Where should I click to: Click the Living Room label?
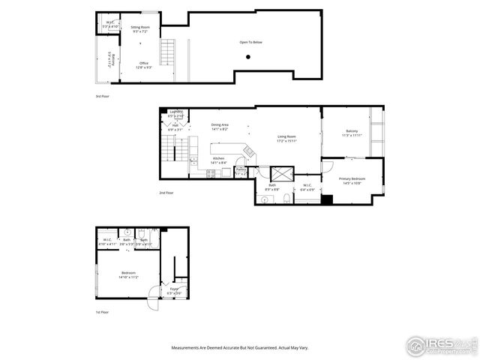(287, 139)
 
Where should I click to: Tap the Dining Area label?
(220, 127)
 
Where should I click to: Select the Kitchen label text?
(219, 160)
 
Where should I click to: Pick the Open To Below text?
(250, 42)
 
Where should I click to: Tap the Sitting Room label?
(141, 28)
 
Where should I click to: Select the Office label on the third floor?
(143, 65)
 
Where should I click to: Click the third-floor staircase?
(169, 54)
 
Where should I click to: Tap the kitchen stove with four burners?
(211, 173)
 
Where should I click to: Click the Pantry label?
(241, 172)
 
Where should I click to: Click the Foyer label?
(173, 289)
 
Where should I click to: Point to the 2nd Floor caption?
(166, 193)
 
